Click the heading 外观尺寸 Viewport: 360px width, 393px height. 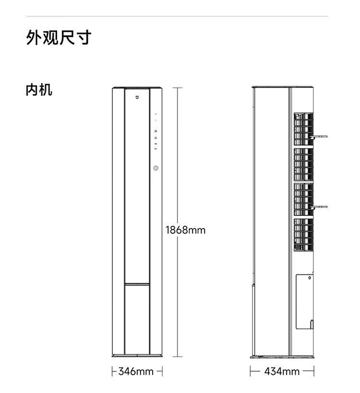tap(59, 37)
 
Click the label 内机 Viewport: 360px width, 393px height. tap(39, 90)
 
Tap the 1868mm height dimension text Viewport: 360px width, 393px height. tap(185, 230)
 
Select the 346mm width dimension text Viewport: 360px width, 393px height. tap(136, 371)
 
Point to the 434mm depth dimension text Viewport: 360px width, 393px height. tap(282, 371)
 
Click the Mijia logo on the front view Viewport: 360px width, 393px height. tap(137, 98)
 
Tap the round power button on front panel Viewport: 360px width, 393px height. tap(156, 168)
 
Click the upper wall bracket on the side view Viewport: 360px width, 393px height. tap(319, 137)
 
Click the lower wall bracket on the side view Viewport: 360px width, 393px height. tap(319, 207)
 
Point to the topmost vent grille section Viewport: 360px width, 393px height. tap(303, 129)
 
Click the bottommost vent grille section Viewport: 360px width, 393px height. tap(303, 235)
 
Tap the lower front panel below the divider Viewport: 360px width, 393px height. tap(137, 319)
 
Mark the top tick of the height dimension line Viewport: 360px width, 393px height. tap(178, 88)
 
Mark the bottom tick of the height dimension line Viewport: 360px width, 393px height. tap(178, 357)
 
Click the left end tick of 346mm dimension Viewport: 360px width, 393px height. tap(112, 371)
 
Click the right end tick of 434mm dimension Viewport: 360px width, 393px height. tap(314, 371)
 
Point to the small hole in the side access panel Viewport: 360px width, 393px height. tap(310, 277)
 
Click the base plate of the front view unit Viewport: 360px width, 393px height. tap(137, 356)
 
